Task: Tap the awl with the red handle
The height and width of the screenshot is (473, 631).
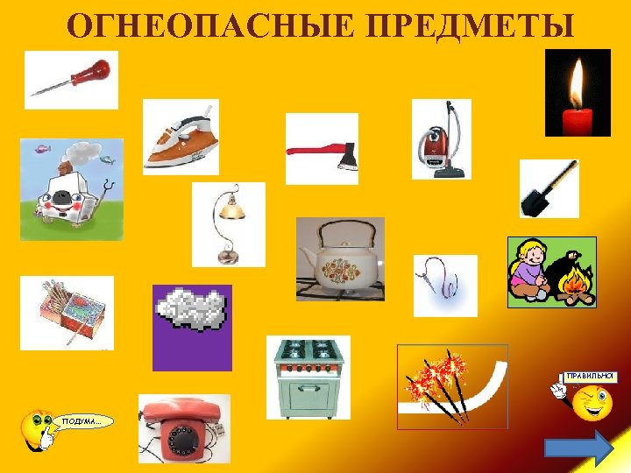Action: click(70, 78)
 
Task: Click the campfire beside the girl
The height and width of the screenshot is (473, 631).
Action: click(573, 286)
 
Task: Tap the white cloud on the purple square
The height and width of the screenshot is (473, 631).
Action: click(191, 309)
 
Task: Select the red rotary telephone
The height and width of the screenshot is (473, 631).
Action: click(184, 428)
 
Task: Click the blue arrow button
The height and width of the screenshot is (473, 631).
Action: click(578, 449)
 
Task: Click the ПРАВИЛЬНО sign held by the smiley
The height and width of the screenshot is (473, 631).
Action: click(591, 377)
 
